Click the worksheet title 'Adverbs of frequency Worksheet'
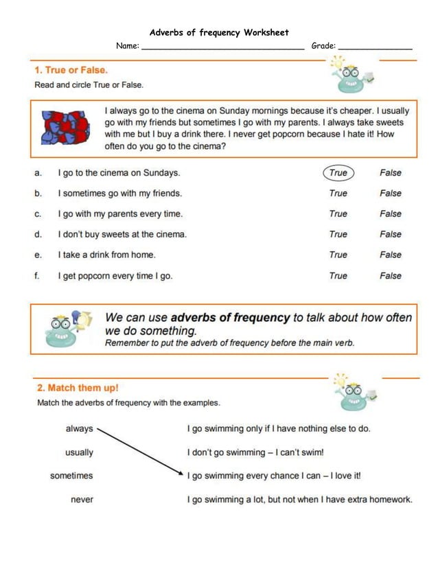pos(219,32)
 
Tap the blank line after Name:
pos(222,47)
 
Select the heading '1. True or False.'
pos(71,70)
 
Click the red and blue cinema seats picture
pos(65,128)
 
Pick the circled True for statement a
pos(338,173)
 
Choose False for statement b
pos(391,194)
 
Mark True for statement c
pos(338,214)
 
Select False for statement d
pos(391,235)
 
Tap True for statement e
pos(338,255)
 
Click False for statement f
pos(391,276)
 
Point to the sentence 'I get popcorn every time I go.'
pos(115,276)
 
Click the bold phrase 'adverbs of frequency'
pos(230,318)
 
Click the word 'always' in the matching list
pos(79,429)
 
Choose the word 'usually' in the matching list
pos(79,453)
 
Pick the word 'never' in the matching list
pos(82,500)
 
